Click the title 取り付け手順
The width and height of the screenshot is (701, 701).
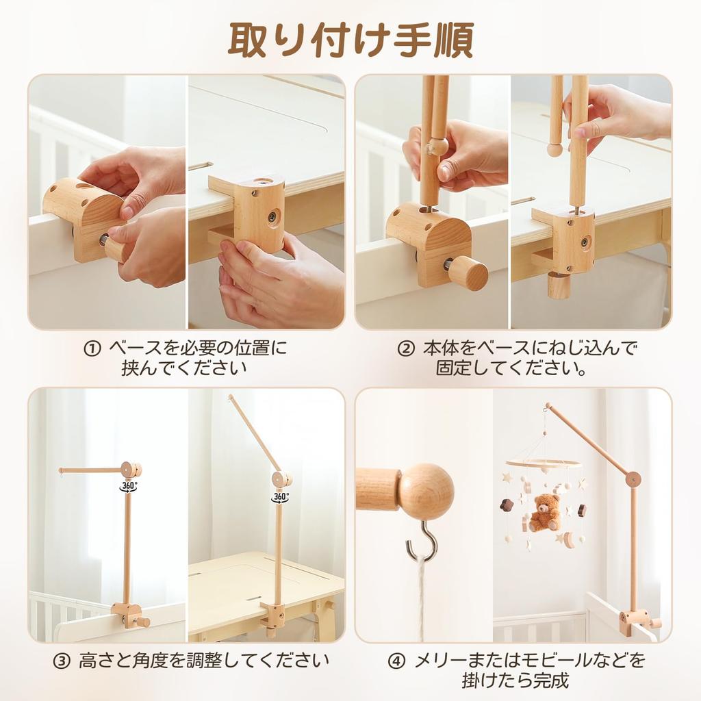(350, 40)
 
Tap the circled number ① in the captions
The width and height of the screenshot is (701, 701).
(92, 348)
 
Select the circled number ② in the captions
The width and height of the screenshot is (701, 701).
(406, 348)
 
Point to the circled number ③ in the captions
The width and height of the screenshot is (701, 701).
(62, 662)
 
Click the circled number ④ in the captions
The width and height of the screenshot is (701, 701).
(397, 661)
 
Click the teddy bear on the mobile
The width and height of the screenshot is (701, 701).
(545, 513)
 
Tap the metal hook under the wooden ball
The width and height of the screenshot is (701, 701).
(422, 540)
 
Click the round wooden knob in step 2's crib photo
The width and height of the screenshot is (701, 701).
(468, 272)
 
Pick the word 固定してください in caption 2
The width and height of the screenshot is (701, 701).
(512, 369)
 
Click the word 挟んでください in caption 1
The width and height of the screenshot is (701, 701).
(184, 368)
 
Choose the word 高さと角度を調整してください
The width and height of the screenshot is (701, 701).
(204, 662)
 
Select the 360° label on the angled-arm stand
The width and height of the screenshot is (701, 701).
(280, 496)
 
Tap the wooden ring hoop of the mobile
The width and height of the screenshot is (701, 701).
(544, 463)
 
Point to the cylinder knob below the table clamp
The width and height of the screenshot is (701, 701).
(559, 285)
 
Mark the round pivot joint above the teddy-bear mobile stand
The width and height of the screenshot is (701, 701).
(633, 479)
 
